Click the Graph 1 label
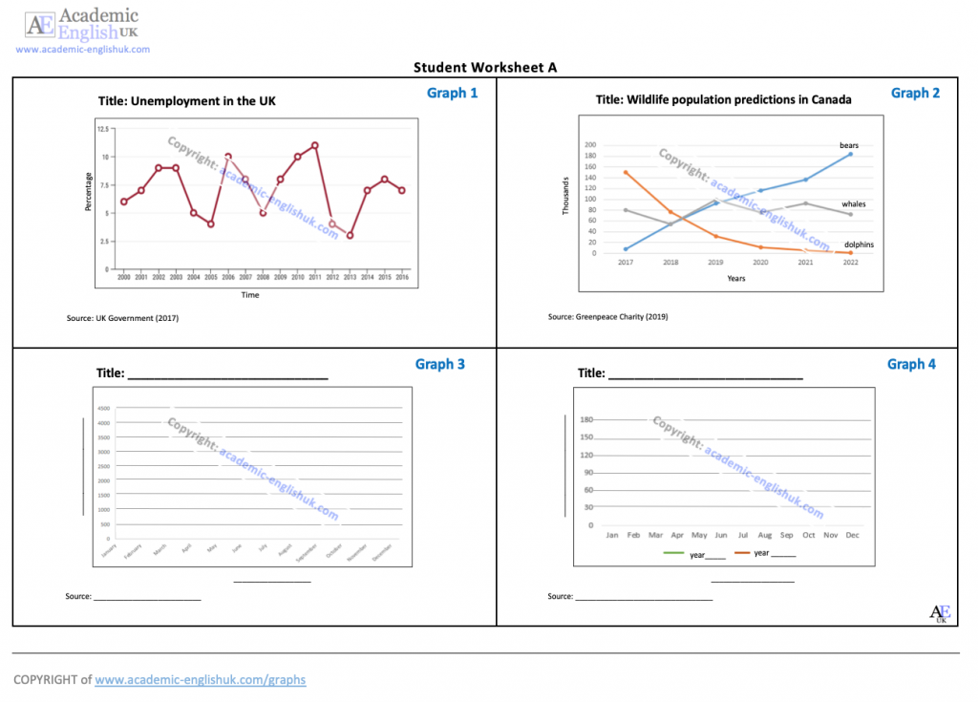453,93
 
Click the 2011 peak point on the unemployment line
315,145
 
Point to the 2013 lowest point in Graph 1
351,235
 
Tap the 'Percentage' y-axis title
89,192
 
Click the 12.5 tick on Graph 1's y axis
101,128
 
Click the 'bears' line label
849,146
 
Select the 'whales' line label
853,204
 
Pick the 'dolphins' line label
859,245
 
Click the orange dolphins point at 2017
626,173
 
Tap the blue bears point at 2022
850,154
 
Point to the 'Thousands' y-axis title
566,195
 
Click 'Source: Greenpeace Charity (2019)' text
607,316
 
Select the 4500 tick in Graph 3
104,408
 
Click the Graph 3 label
440,364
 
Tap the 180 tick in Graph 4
587,419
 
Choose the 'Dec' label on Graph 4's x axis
852,535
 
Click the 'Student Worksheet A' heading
485,67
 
